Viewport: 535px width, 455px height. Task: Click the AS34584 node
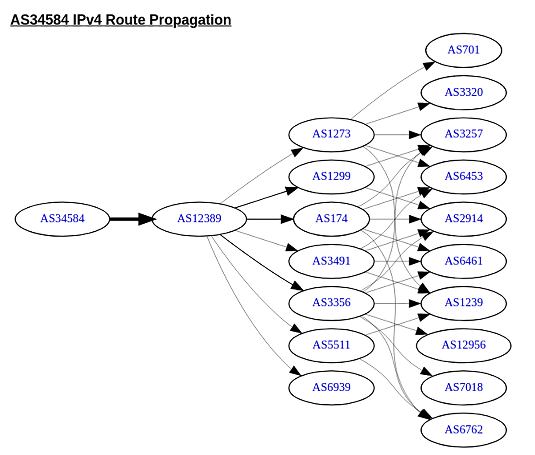click(62, 219)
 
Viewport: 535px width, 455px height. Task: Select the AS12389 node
click(199, 219)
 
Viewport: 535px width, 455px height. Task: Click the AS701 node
click(464, 49)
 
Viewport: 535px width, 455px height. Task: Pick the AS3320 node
click(464, 92)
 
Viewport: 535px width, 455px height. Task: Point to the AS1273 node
click(331, 134)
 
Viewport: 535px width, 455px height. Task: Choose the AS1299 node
click(331, 176)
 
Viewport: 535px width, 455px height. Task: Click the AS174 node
click(331, 219)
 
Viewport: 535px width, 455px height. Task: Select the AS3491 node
click(331, 261)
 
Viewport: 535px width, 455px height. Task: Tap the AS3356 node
click(331, 303)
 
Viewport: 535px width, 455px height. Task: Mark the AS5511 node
click(331, 345)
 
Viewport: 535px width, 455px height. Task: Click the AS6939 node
click(331, 387)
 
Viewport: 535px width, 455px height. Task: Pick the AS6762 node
click(464, 430)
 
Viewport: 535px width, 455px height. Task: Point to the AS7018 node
click(464, 387)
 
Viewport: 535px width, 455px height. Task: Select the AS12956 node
click(464, 345)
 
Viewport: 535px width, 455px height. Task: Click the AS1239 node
click(464, 303)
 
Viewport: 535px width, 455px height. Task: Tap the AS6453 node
click(464, 176)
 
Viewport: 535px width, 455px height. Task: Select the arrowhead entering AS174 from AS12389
click(288, 219)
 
